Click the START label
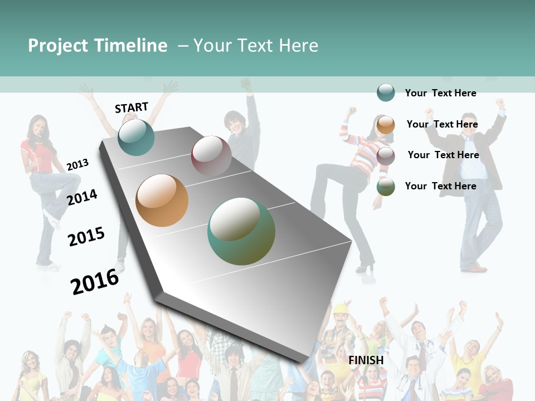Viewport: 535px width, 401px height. (x=132, y=107)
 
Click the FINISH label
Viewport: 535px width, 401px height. (x=366, y=360)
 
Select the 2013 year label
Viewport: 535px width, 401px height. (x=77, y=164)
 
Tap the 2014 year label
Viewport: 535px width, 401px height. (x=82, y=197)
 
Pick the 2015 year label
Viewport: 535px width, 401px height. (x=86, y=237)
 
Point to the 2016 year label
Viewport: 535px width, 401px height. (x=95, y=281)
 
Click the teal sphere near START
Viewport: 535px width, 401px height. (x=136, y=137)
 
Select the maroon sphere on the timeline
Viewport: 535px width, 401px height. (x=211, y=155)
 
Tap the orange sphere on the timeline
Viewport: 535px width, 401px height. (x=162, y=200)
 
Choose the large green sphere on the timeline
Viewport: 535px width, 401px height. (x=241, y=231)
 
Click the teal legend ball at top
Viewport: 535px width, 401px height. (x=386, y=92)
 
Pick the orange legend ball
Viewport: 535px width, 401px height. (x=386, y=124)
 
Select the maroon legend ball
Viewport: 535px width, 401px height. (x=386, y=155)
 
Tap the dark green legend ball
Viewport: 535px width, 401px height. (x=386, y=187)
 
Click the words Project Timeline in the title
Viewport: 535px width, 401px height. (x=98, y=46)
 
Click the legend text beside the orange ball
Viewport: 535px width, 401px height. (x=442, y=124)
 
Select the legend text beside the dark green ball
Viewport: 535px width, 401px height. (x=440, y=186)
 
